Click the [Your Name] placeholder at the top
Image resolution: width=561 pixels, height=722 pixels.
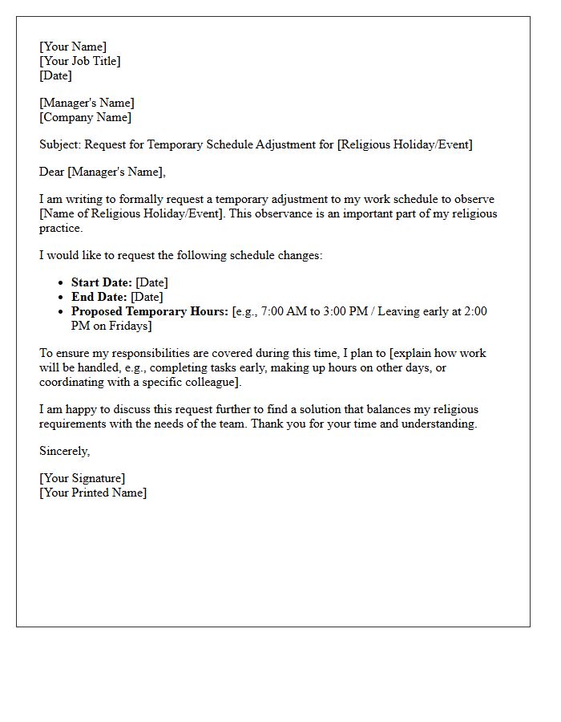[x=73, y=47]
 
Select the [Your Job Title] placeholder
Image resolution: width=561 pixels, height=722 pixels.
[x=80, y=61]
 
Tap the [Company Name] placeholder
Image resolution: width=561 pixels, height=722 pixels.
[x=85, y=117]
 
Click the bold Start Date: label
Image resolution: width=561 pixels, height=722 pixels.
[x=102, y=282]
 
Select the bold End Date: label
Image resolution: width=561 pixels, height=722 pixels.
[x=99, y=297]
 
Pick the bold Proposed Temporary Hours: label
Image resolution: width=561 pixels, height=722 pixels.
[x=150, y=311]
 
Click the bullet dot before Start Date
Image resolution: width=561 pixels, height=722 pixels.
[x=62, y=282]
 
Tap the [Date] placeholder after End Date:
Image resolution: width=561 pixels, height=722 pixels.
[x=147, y=297]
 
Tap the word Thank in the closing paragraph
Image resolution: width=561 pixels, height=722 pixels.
[x=267, y=424]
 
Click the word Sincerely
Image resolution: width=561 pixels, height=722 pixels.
[x=64, y=451]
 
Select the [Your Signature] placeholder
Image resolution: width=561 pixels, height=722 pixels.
[x=82, y=478]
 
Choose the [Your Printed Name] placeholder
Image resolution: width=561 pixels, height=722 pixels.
[x=93, y=493]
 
